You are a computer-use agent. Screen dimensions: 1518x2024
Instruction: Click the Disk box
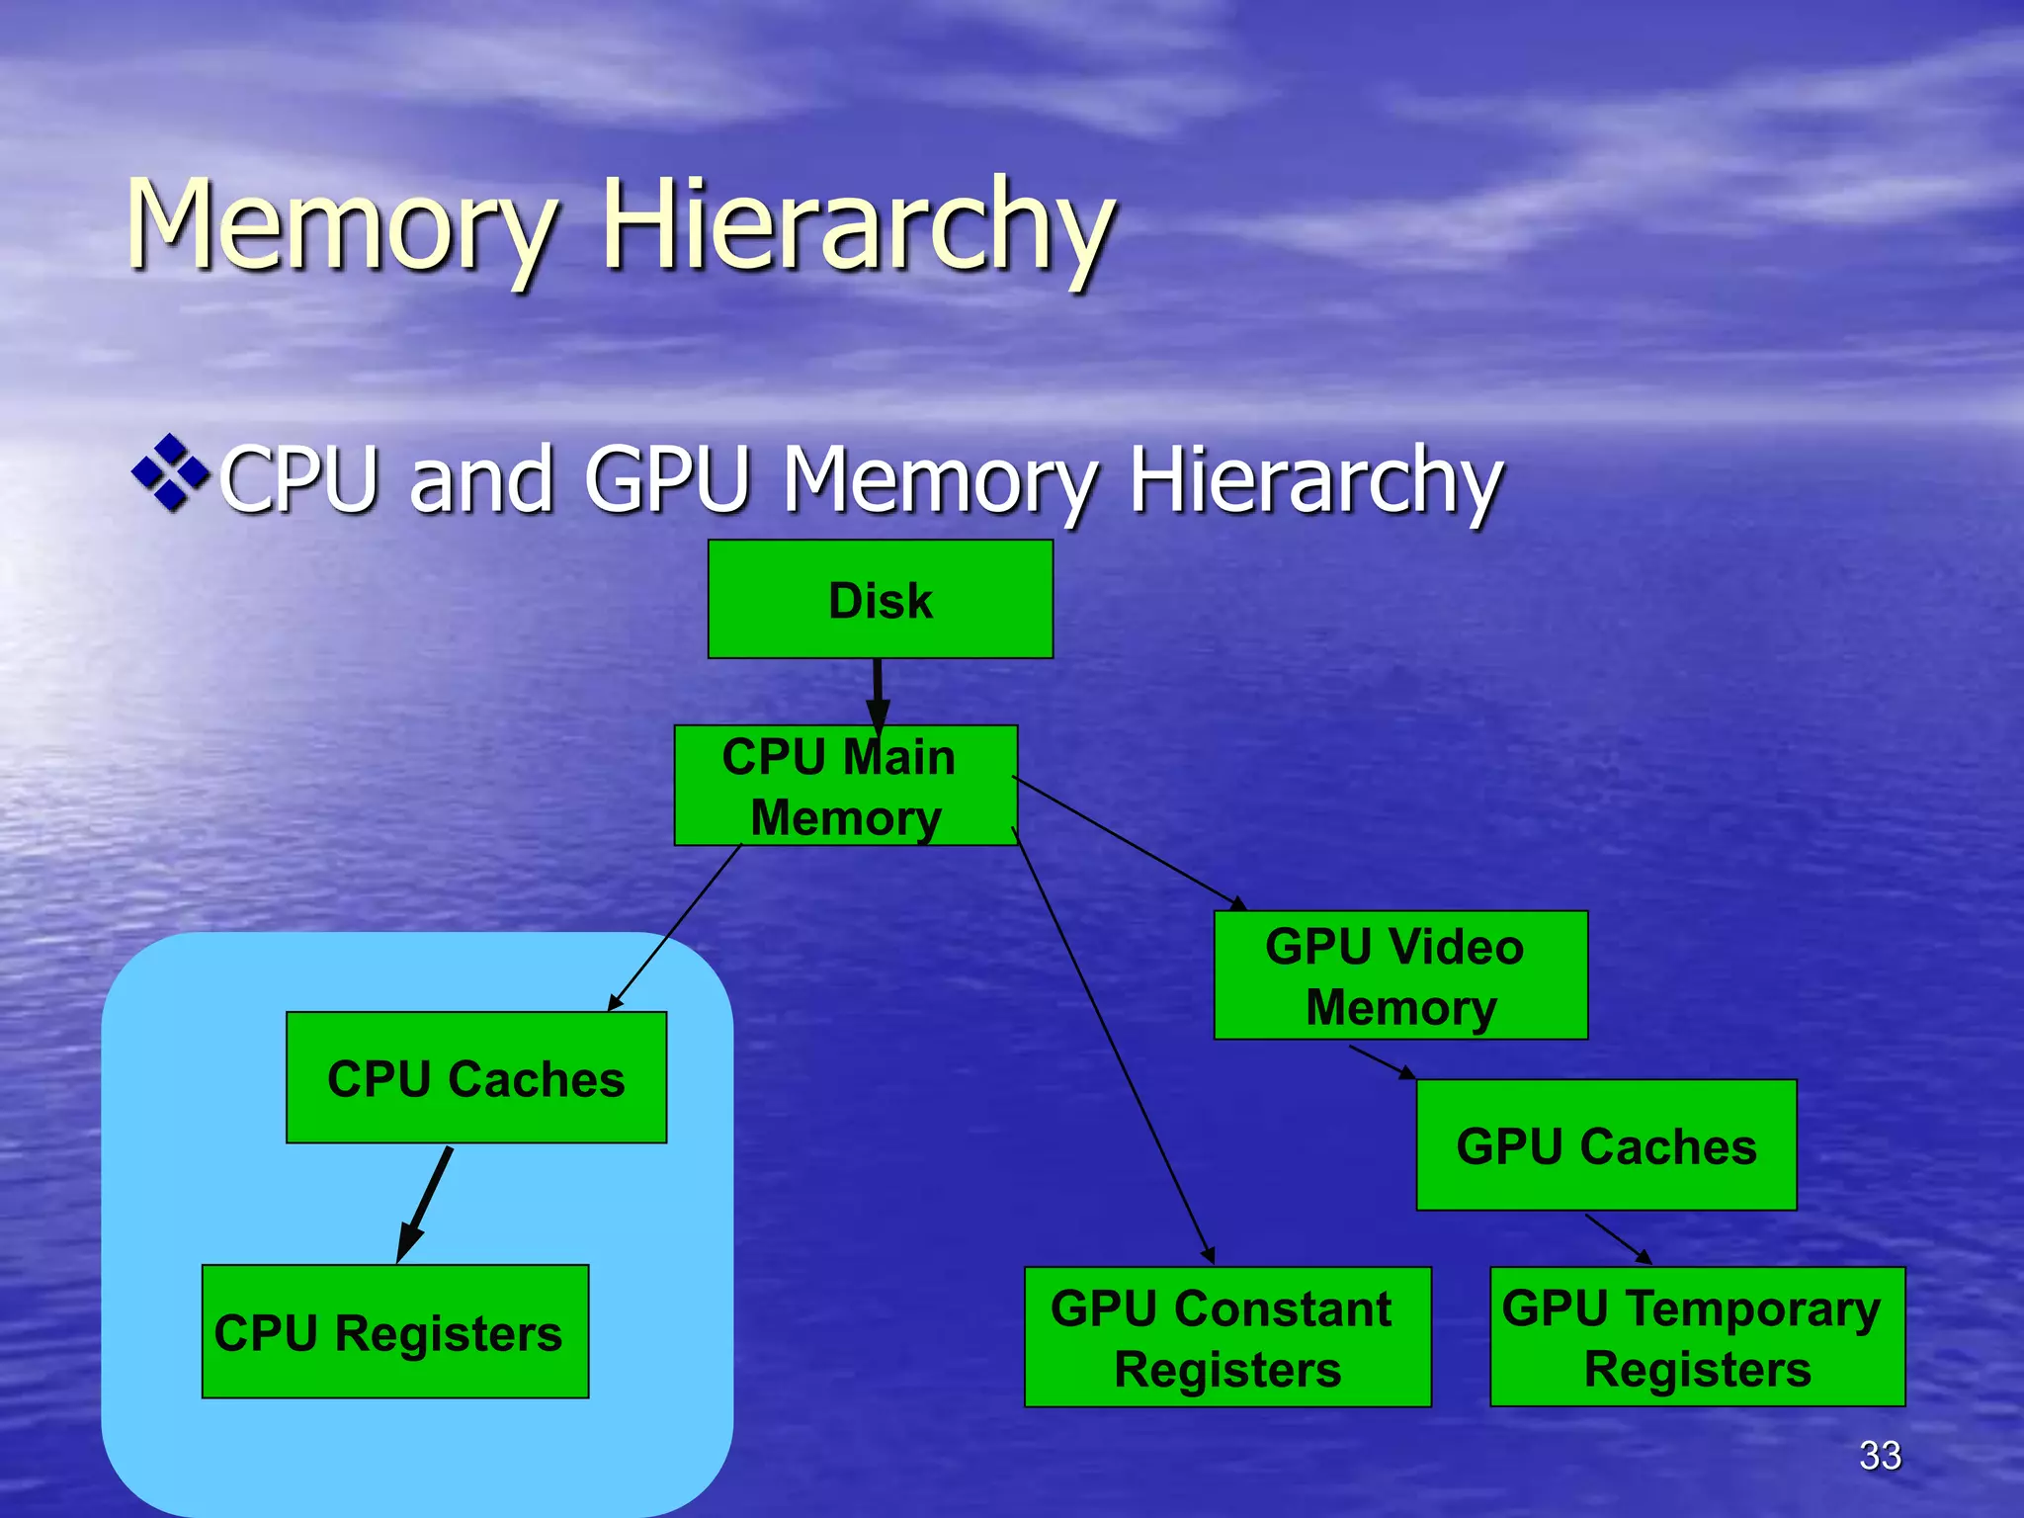pos(880,599)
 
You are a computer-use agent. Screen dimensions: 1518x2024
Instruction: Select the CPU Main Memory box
pos(845,786)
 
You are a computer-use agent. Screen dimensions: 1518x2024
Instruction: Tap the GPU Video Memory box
pos(1399,975)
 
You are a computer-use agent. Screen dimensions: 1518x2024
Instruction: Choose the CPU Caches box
pos(475,1077)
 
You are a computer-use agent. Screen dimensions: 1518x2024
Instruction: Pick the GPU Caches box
pos(1605,1145)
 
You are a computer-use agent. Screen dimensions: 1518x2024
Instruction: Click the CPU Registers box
pos(394,1331)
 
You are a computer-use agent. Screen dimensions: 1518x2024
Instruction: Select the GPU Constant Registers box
pos(1226,1336)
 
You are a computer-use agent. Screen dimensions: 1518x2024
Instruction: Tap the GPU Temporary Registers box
pos(1696,1336)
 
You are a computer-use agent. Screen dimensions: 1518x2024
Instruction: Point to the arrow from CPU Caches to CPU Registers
pos(425,1204)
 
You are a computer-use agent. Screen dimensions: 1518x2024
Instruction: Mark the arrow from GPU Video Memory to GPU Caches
pos(1382,1062)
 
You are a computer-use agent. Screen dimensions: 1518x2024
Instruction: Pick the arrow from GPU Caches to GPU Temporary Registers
pos(1618,1238)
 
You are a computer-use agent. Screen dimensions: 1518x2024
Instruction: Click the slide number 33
pos(1879,1455)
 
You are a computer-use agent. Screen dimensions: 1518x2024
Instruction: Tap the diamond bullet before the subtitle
pos(170,472)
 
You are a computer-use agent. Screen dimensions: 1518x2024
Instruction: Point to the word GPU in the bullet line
pos(667,479)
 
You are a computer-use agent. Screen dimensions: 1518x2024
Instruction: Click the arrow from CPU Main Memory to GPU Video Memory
pos(1129,842)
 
